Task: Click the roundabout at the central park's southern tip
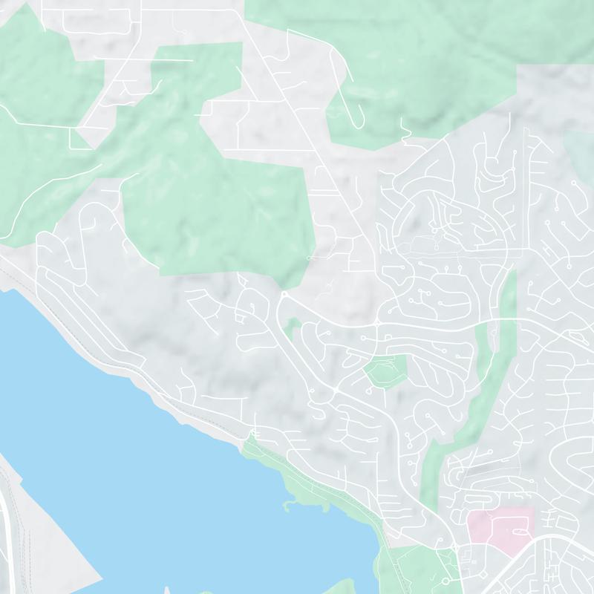pos(284,295)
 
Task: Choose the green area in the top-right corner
pos(416,45)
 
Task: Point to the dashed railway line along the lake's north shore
pos(111,349)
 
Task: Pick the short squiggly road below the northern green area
pos(405,134)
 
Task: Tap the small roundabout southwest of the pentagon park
pos(336,388)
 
